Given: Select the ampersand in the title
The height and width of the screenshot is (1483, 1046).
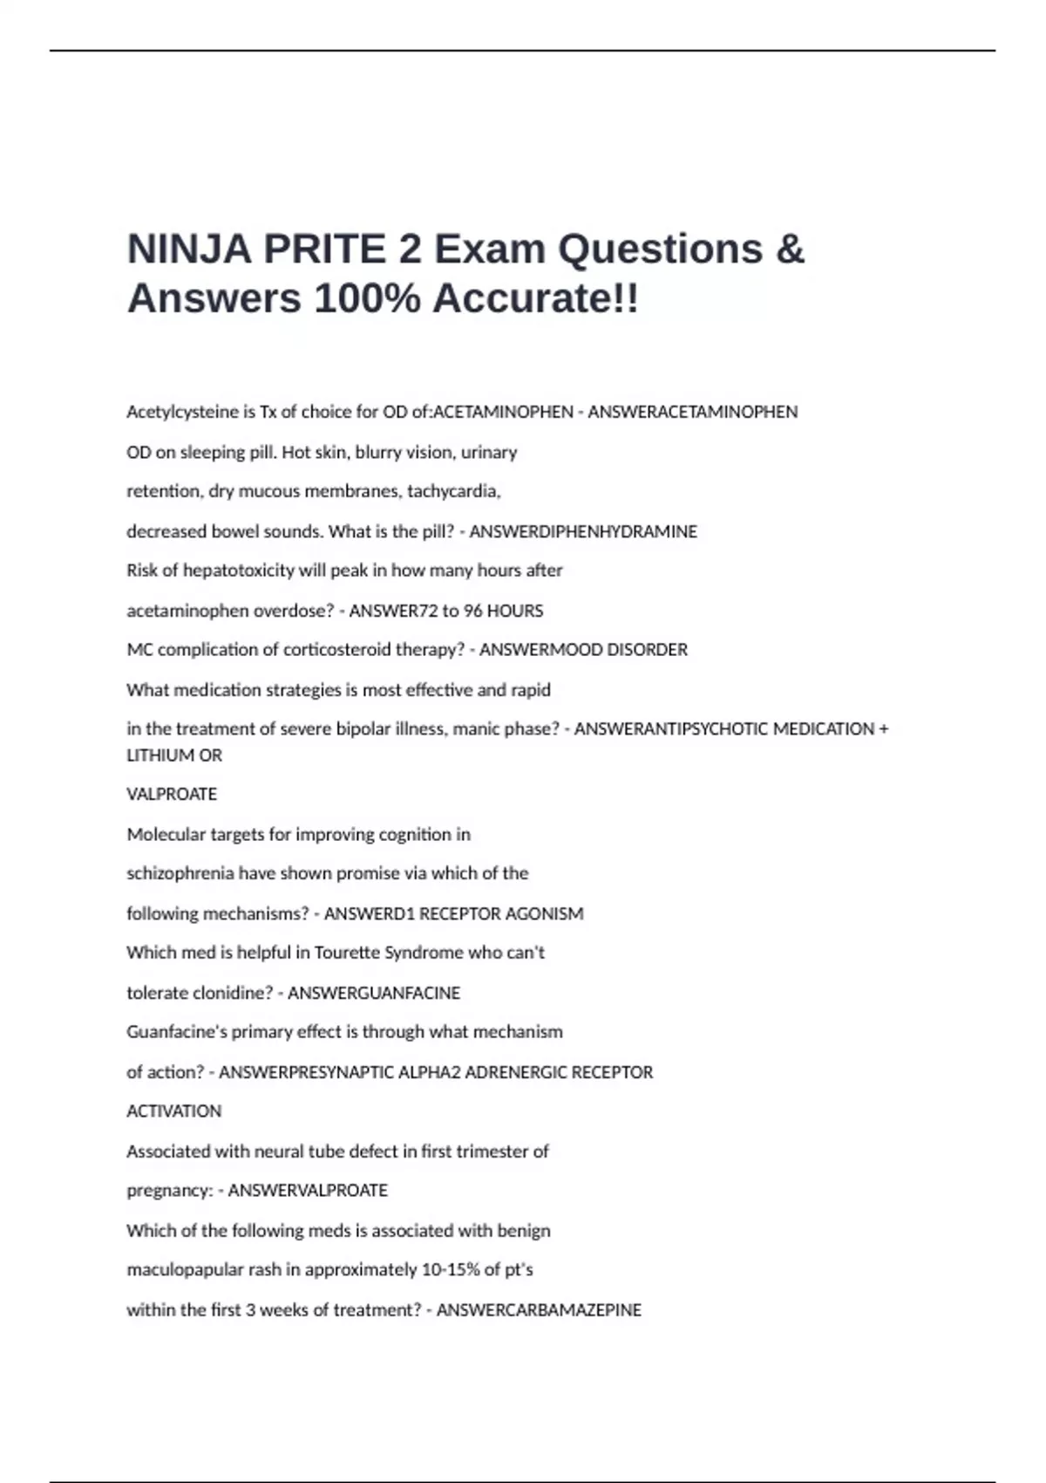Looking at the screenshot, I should (x=789, y=249).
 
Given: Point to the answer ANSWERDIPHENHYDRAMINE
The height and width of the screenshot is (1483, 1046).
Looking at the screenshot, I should (x=583, y=531).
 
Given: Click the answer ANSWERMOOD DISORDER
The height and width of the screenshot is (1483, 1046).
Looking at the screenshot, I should (x=583, y=650).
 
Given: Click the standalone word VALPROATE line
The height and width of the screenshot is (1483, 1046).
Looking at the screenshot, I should (x=172, y=795).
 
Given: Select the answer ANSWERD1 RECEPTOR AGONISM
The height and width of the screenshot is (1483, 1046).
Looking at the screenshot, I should (x=453, y=914).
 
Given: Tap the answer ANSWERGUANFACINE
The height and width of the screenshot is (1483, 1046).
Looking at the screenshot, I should (x=374, y=993).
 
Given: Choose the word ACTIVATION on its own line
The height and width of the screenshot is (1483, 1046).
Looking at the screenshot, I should (x=174, y=1111).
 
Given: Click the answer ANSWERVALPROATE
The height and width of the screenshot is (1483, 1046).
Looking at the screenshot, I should (x=308, y=1191).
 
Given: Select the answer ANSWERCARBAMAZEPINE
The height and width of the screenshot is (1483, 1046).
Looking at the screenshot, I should (x=539, y=1310).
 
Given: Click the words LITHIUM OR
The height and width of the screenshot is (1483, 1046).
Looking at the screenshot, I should (x=174, y=755).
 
